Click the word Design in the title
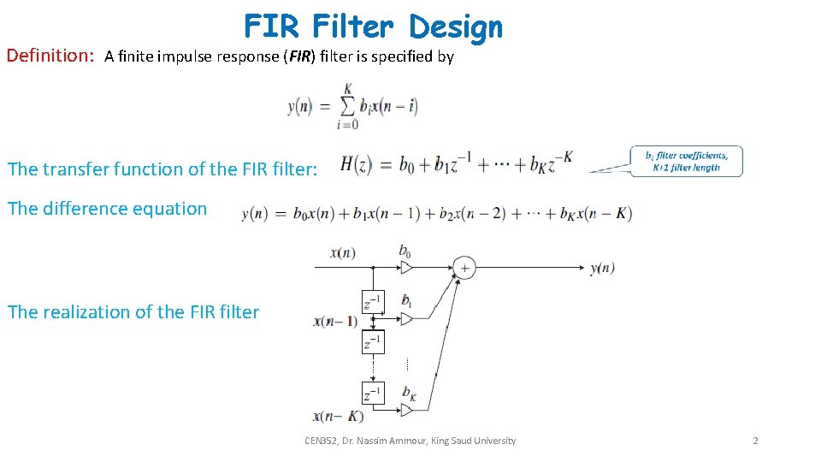455,27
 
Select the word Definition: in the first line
50,56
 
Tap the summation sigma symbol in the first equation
348,106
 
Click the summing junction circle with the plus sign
464,268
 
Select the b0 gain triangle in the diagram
406,268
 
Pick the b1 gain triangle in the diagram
406,319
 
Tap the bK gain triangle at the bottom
406,410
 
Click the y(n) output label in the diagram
602,269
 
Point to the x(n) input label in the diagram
342,252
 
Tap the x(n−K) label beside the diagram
339,417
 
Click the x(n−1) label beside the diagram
335,322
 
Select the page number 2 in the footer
755,441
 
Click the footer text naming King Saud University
410,441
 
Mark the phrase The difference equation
107,209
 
